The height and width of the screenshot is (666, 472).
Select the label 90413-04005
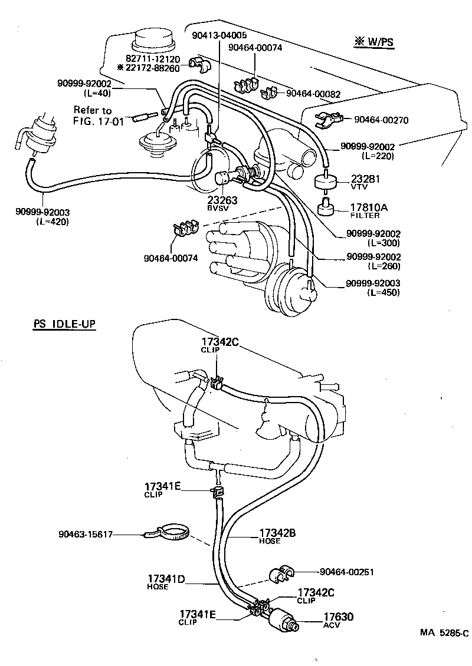tap(219, 36)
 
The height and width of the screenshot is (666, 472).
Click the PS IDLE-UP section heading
tap(64, 325)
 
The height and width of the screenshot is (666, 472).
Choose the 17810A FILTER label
tap(370, 211)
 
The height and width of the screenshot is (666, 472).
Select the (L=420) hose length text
tap(52, 222)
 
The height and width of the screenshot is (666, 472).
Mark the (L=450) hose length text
tap(383, 292)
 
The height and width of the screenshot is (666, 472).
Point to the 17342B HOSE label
tap(277, 536)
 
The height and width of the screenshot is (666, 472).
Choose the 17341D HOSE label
tap(166, 582)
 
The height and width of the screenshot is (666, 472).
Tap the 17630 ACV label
tap(337, 620)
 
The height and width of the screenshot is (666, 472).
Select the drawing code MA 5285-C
tap(444, 633)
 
